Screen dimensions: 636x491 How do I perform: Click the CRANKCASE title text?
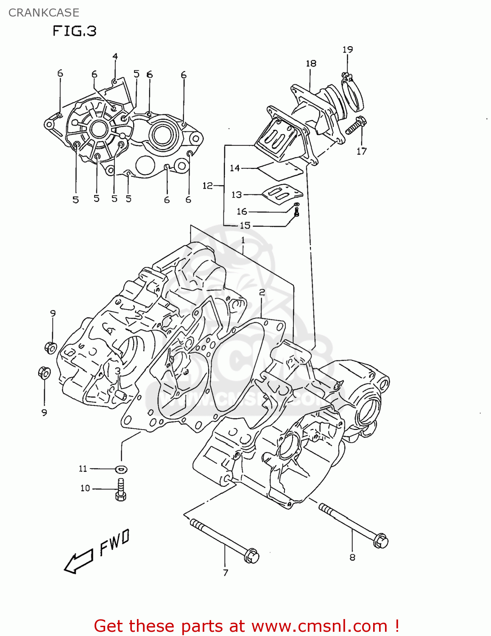[44, 13]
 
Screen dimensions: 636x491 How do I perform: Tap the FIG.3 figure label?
[75, 31]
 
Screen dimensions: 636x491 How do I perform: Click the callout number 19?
[348, 50]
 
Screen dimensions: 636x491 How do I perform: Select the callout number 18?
[311, 64]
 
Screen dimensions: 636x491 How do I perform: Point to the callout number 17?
[361, 151]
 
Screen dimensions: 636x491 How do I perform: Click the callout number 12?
[207, 186]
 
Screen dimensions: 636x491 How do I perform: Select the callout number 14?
[235, 168]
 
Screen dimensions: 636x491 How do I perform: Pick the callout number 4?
[115, 56]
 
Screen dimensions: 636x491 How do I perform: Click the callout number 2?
[262, 292]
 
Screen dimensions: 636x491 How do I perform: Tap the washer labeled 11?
[121, 469]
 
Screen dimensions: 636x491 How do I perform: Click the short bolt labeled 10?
[121, 489]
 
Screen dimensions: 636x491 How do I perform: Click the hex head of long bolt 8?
[380, 541]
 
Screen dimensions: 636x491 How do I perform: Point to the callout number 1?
[243, 240]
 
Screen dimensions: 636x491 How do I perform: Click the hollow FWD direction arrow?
[78, 562]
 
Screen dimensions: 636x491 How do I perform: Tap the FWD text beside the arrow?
[114, 542]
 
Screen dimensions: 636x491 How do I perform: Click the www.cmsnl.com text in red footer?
[319, 626]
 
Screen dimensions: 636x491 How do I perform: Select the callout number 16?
[242, 211]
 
